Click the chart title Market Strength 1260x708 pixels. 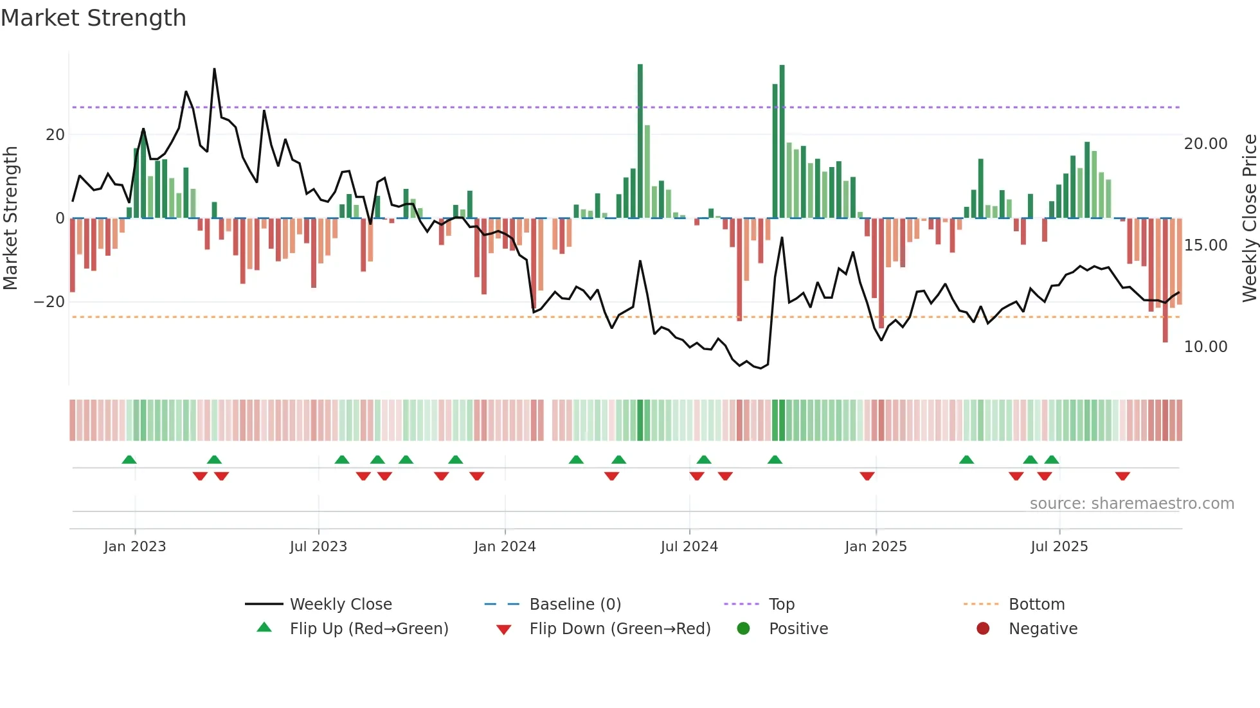pos(93,18)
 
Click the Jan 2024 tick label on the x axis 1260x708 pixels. pos(505,547)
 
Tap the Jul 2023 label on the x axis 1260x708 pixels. pos(318,547)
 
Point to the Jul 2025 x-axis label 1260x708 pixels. pos(1059,547)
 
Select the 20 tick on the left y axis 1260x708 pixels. pos(55,135)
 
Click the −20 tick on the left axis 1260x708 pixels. pos(50,302)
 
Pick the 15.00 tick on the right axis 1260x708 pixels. pos(1205,245)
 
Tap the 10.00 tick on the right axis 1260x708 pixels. pos(1205,347)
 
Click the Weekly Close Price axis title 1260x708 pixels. pos(1249,218)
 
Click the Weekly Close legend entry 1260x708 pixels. pos(340,605)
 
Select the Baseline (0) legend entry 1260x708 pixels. pos(575,605)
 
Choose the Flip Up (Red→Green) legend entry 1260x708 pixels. pos(368,629)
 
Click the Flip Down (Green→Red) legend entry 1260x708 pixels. pos(620,629)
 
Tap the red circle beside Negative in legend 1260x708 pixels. pos(983,629)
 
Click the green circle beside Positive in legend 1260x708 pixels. pos(744,629)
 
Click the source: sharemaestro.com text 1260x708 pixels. pos(1131,504)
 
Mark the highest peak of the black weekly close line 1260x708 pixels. pos(214,69)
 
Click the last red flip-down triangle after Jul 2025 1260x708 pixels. pos(1122,476)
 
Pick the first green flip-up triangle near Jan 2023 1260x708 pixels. pos(129,460)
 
